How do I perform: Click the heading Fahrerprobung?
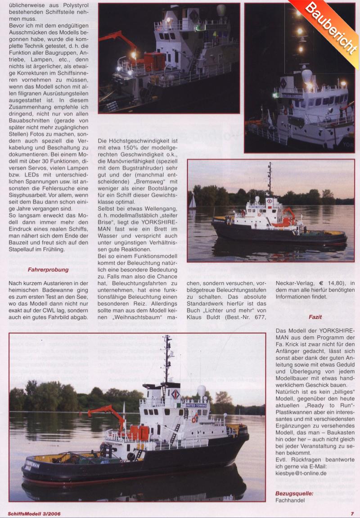point(48,270)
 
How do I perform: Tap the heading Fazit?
point(315,317)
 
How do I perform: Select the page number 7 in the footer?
point(352,513)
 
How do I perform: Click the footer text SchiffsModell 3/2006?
point(34,513)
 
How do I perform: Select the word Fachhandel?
point(290,500)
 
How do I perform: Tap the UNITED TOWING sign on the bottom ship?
point(196,405)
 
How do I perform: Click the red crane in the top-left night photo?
point(119,41)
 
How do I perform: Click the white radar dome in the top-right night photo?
point(307,75)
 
